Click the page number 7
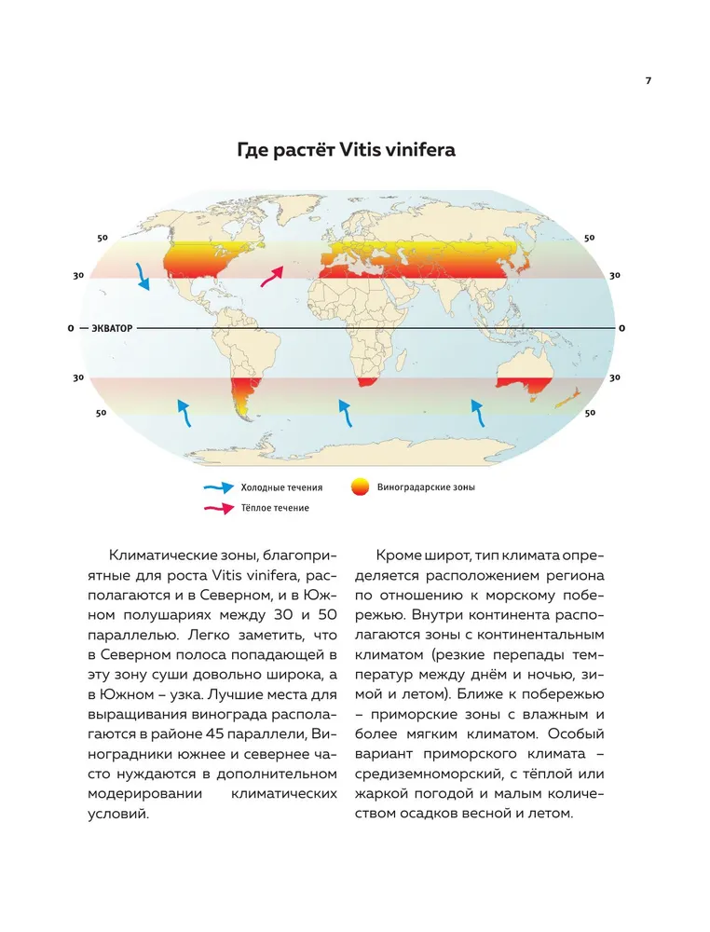pos(648,80)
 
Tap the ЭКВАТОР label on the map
pos(112,328)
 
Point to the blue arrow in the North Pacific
pos(143,275)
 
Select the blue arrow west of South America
pos(184,411)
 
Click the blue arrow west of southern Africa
pos(345,412)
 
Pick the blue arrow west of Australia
pos(477,412)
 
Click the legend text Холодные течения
pos(281,487)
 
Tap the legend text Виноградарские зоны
pos(426,487)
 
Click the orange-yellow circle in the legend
pos(359,487)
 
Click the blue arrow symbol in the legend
pos(220,487)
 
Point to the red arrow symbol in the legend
pos(220,508)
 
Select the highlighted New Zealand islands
pos(570,399)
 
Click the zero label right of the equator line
pos(621,328)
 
